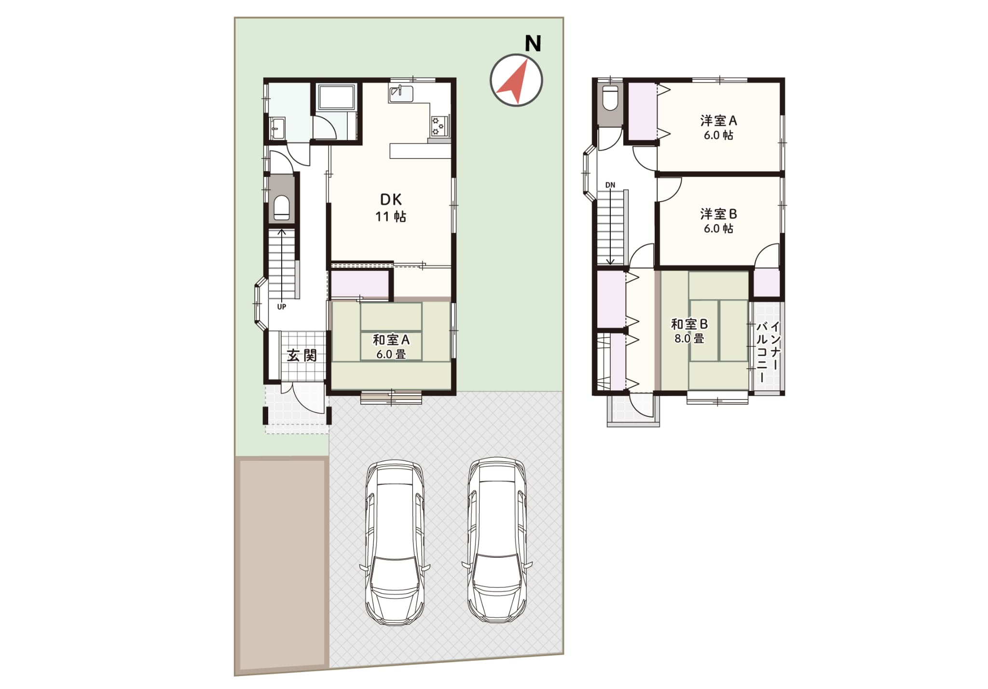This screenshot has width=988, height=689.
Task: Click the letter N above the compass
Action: (533, 43)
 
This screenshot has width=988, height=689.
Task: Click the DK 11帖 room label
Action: (391, 208)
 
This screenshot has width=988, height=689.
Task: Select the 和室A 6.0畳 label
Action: (391, 346)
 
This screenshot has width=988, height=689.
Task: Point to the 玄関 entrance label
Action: (302, 356)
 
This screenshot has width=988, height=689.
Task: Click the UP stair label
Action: (282, 307)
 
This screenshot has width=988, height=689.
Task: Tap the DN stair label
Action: (610, 185)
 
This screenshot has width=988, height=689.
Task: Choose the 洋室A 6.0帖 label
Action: (718, 127)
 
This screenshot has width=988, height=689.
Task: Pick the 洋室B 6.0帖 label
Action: (718, 220)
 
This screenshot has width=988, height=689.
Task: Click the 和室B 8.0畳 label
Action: (689, 331)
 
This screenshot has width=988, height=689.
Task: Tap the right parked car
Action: (497, 539)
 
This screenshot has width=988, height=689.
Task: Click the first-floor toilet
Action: (282, 208)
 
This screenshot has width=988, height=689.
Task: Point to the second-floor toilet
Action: (610, 98)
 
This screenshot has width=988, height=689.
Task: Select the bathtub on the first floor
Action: (337, 98)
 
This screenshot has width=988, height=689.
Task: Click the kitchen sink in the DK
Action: (401, 93)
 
